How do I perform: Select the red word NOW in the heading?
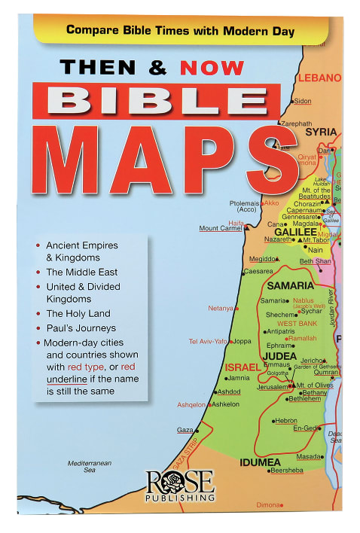click(x=213, y=67)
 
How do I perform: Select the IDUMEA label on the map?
click(x=259, y=461)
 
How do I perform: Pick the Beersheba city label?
click(x=287, y=471)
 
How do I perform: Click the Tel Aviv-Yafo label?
click(x=208, y=341)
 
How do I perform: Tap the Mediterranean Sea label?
click(x=90, y=466)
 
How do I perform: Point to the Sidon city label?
click(x=303, y=101)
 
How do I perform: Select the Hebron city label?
click(x=286, y=421)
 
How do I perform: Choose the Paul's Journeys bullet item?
click(x=81, y=327)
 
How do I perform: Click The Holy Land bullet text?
click(x=78, y=313)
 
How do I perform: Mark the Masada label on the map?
click(x=310, y=456)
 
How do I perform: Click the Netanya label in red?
click(x=221, y=308)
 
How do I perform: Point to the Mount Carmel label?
click(x=221, y=228)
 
